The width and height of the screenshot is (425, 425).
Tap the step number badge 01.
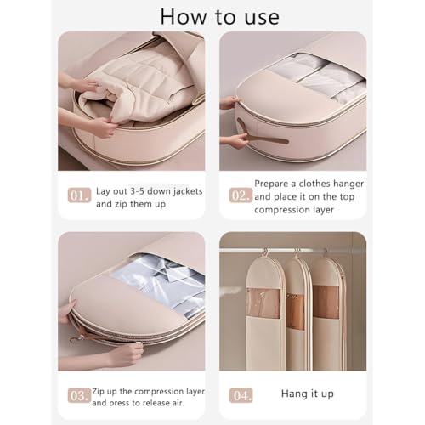[78, 195]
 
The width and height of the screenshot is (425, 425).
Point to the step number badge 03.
[78, 396]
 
